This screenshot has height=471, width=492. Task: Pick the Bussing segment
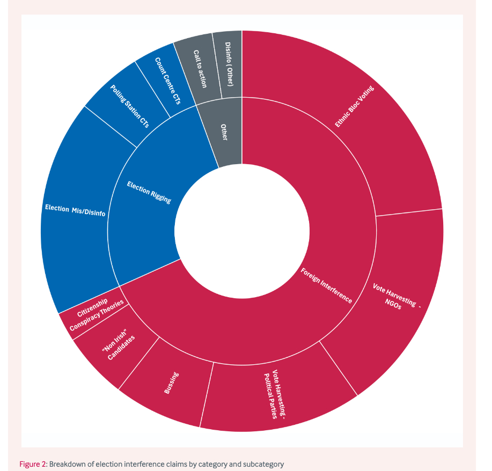tap(172, 384)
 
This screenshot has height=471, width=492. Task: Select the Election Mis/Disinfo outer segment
tap(75, 209)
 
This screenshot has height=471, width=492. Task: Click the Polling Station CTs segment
tap(129, 105)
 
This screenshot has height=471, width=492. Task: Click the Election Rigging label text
tap(149, 192)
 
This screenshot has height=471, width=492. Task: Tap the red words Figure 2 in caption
tap(33, 464)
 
